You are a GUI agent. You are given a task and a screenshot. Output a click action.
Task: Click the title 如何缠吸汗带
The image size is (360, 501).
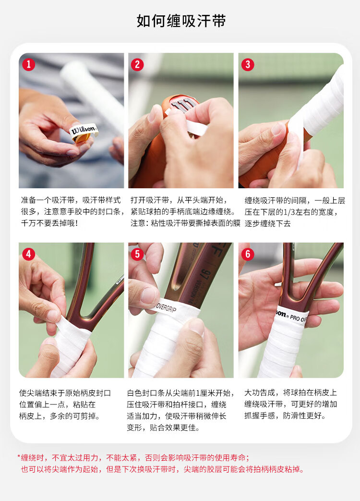tap(181, 21)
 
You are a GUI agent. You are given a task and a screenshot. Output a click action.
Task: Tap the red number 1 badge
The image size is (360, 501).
tap(29, 64)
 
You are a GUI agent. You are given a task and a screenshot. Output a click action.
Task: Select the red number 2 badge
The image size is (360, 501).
tap(137, 64)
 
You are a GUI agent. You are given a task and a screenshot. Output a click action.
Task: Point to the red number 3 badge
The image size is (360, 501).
tap(248, 64)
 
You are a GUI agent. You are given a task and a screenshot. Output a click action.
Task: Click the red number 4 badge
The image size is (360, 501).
tap(29, 254)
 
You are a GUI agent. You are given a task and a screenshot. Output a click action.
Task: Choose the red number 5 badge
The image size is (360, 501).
tap(137, 254)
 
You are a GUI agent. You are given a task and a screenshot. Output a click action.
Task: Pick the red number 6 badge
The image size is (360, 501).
tap(248, 254)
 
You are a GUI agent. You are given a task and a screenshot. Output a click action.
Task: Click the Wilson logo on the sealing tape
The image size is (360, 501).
tap(83, 130)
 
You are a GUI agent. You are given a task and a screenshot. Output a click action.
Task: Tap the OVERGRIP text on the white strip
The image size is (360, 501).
tap(166, 308)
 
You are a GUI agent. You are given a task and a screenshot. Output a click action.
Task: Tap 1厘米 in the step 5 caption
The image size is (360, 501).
tap(202, 393)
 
